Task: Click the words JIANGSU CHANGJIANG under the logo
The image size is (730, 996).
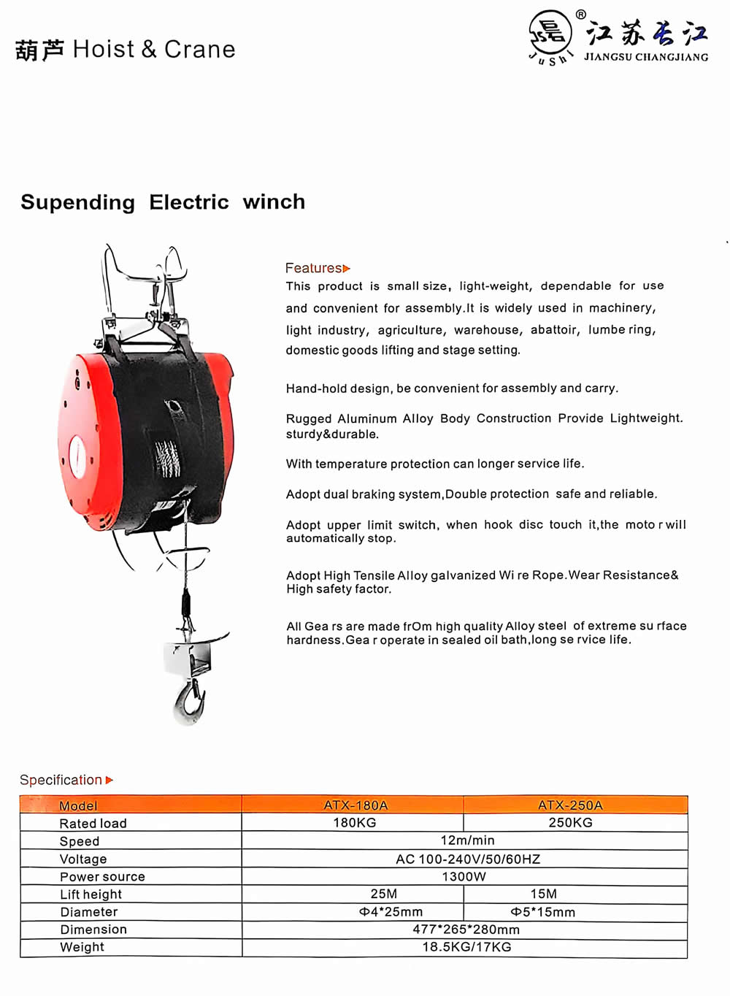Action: coord(645,57)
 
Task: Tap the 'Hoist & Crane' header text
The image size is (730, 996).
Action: coord(154,49)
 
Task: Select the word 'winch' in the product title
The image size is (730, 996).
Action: coord(274,202)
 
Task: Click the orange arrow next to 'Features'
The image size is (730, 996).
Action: coord(347,269)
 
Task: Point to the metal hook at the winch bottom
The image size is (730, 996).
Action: coord(189,702)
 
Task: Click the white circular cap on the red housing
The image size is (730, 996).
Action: coord(77,457)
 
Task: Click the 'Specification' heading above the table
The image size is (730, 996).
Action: coord(61,780)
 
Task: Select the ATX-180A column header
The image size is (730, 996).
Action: coord(356,805)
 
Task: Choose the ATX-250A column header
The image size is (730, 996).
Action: coord(570,805)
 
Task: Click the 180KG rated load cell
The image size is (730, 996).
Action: coord(355,823)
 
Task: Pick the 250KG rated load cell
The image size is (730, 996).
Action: coord(570,823)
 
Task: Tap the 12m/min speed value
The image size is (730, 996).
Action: coord(467,840)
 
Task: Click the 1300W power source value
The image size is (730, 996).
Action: coord(464,876)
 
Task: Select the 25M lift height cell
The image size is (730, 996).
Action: coord(384,894)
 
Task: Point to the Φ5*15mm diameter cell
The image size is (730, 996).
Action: coord(542,912)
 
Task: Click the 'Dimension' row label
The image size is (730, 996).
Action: coord(93,930)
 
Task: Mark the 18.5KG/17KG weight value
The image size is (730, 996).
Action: coord(466,947)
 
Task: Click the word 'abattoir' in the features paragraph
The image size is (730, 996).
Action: coord(555,329)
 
